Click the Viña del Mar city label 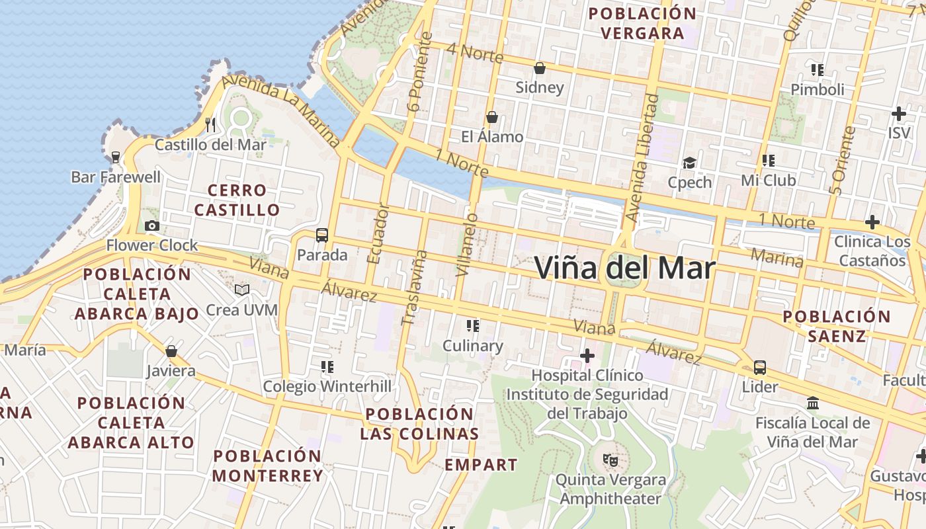coord(624,268)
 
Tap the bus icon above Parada coord(322,235)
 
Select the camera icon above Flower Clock coord(152,226)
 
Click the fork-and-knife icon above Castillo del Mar coord(210,124)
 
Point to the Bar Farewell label coord(116,177)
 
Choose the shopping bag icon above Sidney coord(540,68)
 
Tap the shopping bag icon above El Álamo coord(492,118)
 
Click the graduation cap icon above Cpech coord(690,163)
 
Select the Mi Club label coord(769,180)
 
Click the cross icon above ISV coord(898,114)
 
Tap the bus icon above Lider coord(760,368)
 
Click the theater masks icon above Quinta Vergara coord(609,459)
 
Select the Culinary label coord(472,346)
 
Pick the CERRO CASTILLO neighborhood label coord(237,200)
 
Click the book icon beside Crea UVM coord(242,290)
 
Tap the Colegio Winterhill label coord(327,386)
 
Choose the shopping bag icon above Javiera coord(171,351)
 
